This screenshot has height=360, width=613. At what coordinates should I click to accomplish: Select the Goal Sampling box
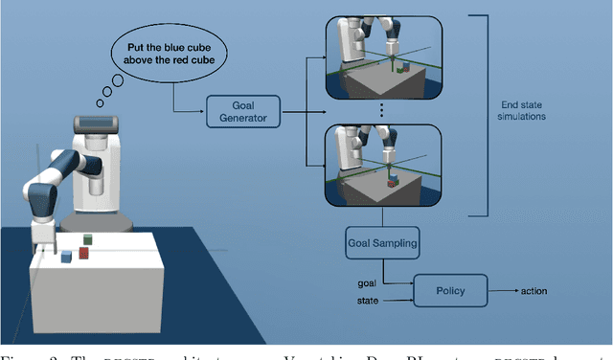point(383,243)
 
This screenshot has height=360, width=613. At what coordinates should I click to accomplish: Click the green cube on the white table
point(87,240)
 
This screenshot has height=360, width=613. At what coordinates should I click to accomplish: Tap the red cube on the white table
point(84,254)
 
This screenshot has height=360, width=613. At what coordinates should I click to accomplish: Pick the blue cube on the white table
point(65,257)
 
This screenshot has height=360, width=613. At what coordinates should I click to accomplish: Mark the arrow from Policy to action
point(504,288)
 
